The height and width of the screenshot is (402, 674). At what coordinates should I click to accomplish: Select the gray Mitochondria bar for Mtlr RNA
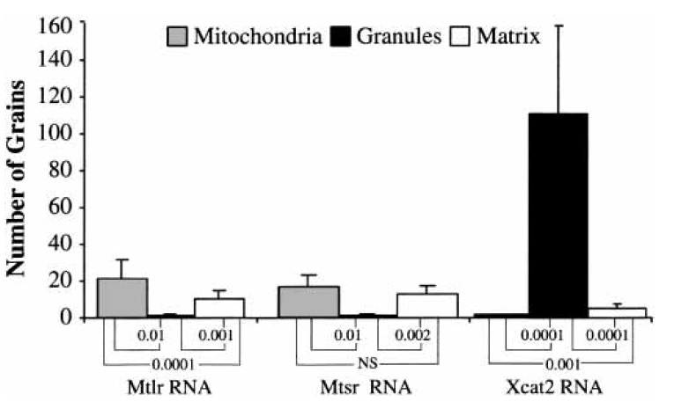[x=122, y=297]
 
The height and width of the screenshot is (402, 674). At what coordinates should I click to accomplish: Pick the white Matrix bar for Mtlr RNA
[x=219, y=307]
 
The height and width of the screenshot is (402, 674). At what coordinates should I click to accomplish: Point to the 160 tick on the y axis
[x=55, y=23]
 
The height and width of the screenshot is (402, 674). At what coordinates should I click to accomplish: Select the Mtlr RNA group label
[x=167, y=384]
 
